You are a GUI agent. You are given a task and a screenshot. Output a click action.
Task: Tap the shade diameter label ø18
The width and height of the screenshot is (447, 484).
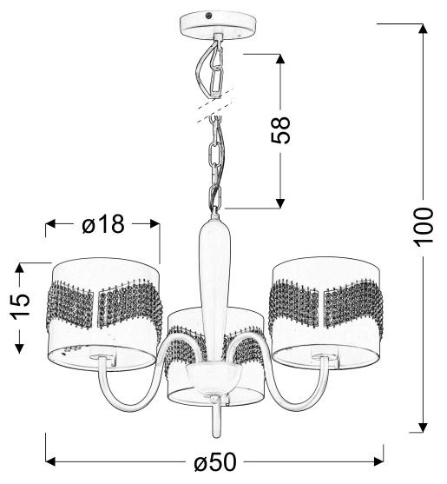coord(103,224)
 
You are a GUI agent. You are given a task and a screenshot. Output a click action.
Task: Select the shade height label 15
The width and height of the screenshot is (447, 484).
coord(21,305)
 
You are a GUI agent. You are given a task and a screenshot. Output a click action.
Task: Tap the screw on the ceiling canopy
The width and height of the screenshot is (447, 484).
coord(207,16)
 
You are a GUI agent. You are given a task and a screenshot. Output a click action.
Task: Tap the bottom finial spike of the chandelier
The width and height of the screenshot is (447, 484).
coord(214,422)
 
